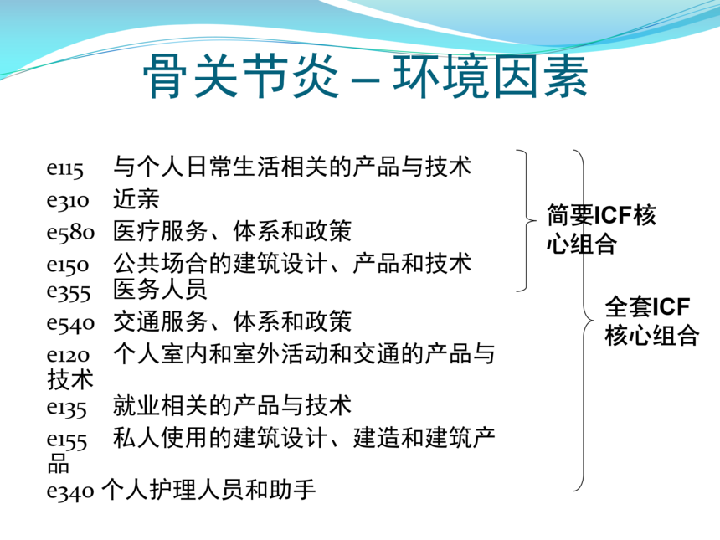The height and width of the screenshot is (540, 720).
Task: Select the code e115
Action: pyautogui.click(x=64, y=168)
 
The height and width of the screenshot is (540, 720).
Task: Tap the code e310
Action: pyautogui.click(x=68, y=201)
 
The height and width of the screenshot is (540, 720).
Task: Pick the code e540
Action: pyautogui.click(x=70, y=323)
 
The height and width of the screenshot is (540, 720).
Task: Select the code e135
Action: pyautogui.click(x=67, y=408)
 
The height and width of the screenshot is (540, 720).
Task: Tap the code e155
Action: pyautogui.click(x=67, y=440)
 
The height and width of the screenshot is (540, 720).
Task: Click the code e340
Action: pyautogui.click(x=70, y=491)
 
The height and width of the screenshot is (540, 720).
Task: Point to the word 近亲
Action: pyautogui.click(x=136, y=199)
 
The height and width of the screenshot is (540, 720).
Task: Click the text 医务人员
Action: pyautogui.click(x=160, y=290)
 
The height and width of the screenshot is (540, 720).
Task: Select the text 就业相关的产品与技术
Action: pyautogui.click(x=233, y=405)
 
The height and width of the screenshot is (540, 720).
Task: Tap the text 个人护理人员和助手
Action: pyautogui.click(x=208, y=490)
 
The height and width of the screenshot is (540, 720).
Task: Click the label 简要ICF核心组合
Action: pyautogui.click(x=601, y=229)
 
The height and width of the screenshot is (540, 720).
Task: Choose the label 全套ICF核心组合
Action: pyautogui.click(x=652, y=321)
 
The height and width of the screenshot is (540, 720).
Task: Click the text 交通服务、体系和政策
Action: pyautogui.click(x=233, y=321)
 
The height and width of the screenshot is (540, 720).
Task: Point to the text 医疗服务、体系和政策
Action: pyautogui.click(x=233, y=230)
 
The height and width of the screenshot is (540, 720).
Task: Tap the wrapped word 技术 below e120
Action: pyautogui.click(x=69, y=380)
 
